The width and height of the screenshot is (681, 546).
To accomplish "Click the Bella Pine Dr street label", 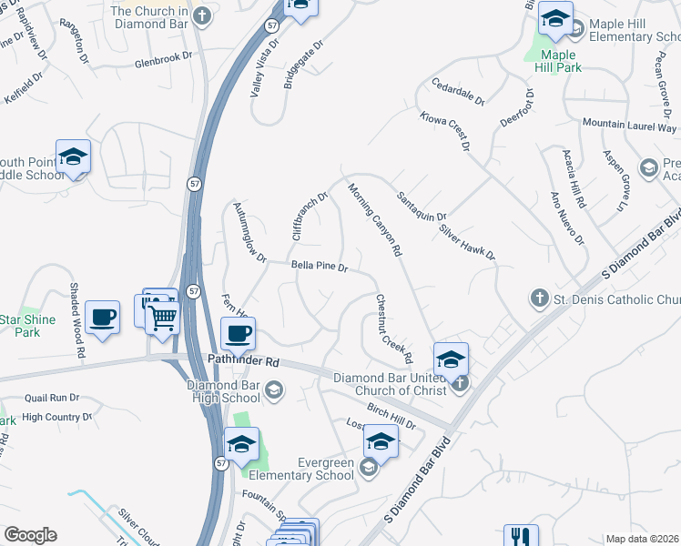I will [320, 268].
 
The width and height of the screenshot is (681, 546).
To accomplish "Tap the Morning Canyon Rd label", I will [375, 220].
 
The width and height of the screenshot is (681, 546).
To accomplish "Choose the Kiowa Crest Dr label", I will [445, 131].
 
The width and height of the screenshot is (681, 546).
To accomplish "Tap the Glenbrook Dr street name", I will [164, 64].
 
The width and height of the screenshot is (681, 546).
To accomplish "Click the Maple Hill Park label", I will [556, 60].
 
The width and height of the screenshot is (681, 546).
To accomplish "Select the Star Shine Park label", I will [27, 326].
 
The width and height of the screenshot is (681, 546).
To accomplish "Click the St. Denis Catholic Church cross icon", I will [539, 298].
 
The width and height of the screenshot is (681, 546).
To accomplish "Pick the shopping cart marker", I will [163, 318].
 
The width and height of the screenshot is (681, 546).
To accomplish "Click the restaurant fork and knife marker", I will [521, 538].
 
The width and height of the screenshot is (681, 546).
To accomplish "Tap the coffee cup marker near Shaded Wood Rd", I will [102, 317].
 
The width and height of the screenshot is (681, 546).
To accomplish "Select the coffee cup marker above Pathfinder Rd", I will [239, 333].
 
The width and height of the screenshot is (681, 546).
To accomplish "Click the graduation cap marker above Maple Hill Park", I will [555, 17].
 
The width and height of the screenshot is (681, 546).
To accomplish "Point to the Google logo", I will [30, 535].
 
